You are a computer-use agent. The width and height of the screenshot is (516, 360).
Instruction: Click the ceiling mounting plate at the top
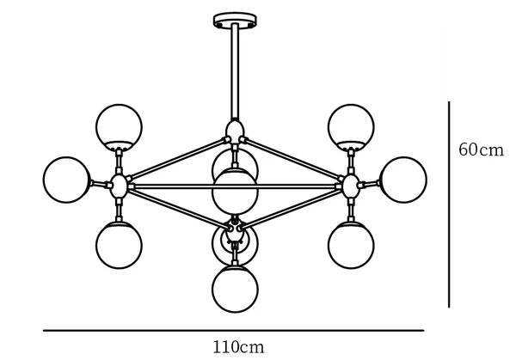coord(235,20)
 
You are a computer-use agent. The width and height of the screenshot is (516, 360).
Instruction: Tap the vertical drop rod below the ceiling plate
coord(235,71)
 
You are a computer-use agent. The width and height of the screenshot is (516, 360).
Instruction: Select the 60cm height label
coord(481,149)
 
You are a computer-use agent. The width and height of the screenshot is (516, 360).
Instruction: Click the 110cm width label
coord(238,347)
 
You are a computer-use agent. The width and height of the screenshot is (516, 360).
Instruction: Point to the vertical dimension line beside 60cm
coord(449,204)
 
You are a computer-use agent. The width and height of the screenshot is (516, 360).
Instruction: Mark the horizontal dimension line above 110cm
coord(234,331)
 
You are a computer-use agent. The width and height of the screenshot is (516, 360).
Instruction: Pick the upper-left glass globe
coord(120,127)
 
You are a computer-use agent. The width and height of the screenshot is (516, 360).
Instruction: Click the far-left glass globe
coord(67,180)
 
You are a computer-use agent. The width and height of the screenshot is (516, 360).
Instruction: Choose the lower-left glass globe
coord(120,245)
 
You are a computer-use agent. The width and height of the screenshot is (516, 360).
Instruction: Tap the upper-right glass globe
coord(351,127)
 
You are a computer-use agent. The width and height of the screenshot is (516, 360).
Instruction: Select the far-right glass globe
coord(403,180)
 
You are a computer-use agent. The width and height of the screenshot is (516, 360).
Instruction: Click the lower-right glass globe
coord(351,245)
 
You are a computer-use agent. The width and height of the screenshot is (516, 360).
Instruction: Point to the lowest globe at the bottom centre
coord(235,289)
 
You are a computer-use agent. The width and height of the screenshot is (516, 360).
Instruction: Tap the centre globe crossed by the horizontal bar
coord(235,192)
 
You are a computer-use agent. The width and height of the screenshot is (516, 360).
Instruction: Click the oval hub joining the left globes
coord(119,186)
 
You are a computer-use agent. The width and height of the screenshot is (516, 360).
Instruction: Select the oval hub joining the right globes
coord(351,186)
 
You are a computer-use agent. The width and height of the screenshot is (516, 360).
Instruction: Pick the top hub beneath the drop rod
coord(235,131)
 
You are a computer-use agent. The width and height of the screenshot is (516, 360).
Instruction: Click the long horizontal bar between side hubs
coord(235,186)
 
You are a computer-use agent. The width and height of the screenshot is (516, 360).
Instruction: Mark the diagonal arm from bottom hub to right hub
coord(291,209)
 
